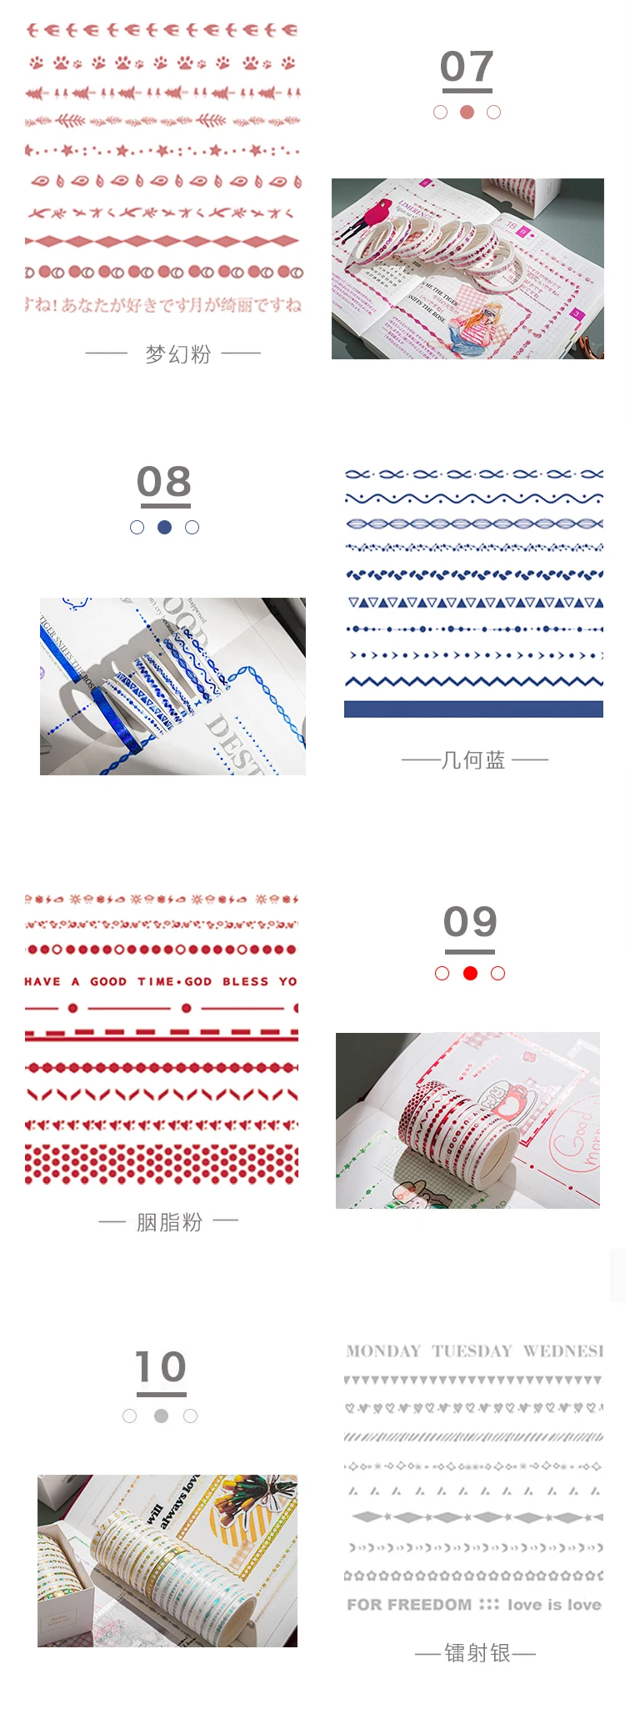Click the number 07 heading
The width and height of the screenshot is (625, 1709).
click(x=467, y=67)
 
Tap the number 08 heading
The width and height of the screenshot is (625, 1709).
click(x=164, y=482)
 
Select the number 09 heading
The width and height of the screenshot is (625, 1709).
click(x=470, y=921)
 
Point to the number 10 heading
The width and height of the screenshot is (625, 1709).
click(x=161, y=1366)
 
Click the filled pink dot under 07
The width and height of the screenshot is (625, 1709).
click(x=467, y=112)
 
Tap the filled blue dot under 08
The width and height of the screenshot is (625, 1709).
click(x=164, y=527)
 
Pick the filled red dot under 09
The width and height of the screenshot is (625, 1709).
click(x=470, y=973)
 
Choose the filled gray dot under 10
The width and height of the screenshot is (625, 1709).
click(x=161, y=1416)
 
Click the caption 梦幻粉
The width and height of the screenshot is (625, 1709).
click(x=177, y=354)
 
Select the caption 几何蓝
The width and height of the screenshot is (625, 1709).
click(x=472, y=759)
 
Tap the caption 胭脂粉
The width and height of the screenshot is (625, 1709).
click(x=169, y=1222)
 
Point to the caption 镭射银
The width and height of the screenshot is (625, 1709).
click(x=477, y=1653)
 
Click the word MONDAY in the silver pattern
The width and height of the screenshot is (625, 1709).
click(x=383, y=1351)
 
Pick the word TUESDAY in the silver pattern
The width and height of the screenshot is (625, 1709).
click(x=471, y=1351)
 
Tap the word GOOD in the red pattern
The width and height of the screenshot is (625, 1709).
click(x=108, y=981)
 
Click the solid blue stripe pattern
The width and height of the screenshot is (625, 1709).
click(x=473, y=709)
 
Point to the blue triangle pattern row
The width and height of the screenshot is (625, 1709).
click(x=473, y=602)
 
